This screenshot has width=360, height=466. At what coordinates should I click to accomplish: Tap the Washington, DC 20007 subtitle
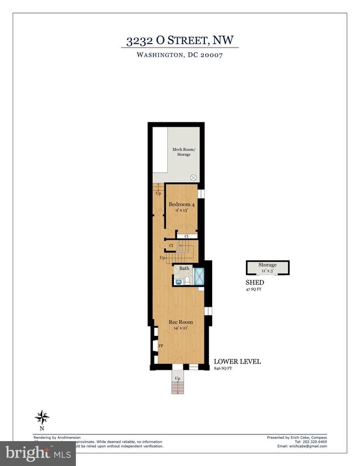(x=179, y=56)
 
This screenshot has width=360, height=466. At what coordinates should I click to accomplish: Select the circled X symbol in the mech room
(x=193, y=177)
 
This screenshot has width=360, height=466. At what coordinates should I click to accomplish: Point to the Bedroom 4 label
(x=181, y=204)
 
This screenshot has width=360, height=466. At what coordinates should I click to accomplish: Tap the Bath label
(x=183, y=268)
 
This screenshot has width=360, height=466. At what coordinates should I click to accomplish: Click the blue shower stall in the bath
(x=199, y=276)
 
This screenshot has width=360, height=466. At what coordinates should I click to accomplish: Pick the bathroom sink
(x=178, y=281)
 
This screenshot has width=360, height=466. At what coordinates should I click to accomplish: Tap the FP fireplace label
(x=161, y=346)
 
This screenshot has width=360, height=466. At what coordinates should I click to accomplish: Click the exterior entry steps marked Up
(x=178, y=384)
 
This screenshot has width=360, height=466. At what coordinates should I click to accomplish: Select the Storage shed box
(x=268, y=267)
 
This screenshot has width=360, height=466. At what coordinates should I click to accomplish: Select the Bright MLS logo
(x=38, y=454)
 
